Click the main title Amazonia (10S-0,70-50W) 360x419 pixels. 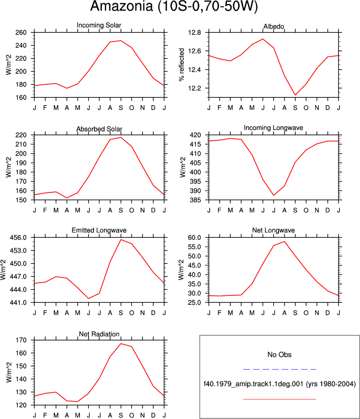[174, 6]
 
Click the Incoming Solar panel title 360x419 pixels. [99, 25]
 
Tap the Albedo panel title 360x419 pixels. [273, 26]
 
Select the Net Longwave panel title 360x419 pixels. [273, 230]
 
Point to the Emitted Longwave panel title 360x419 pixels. [99, 230]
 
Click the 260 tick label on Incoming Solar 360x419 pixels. [21, 33]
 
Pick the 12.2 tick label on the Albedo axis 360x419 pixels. [195, 88]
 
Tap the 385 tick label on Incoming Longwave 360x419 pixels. [195, 200]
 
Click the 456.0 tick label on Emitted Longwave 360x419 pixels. [18, 238]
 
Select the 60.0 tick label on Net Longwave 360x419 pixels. [195, 238]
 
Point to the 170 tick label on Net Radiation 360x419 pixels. [21, 340]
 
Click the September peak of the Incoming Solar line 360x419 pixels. [121, 41]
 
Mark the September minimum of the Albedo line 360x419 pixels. [295, 95]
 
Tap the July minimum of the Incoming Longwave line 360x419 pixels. [273, 195]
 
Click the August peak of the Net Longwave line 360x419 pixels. [285, 241]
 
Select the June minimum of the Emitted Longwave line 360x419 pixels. [89, 298]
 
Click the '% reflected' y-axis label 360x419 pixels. [182, 64]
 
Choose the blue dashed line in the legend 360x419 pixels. [280, 369]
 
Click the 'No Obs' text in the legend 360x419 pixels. [279, 355]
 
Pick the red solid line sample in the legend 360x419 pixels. [280, 399]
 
